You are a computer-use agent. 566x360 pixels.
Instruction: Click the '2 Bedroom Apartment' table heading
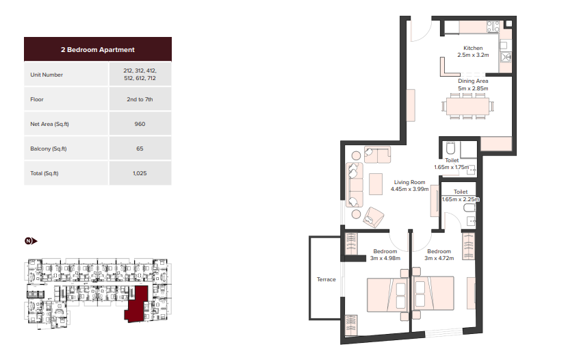(97, 49)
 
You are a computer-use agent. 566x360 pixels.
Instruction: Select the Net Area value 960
(140, 124)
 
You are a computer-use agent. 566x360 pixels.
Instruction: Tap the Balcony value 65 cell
(140, 149)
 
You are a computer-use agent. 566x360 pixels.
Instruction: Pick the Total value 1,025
(140, 173)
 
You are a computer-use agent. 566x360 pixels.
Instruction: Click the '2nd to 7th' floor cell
(140, 99)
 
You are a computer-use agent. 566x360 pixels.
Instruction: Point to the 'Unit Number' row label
(47, 75)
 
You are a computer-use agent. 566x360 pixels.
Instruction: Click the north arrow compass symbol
(31, 241)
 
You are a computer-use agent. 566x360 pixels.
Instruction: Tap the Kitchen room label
(473, 48)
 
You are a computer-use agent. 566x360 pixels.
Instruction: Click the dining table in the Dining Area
(467, 106)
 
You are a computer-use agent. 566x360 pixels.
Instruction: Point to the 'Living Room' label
(409, 182)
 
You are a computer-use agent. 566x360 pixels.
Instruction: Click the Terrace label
(326, 279)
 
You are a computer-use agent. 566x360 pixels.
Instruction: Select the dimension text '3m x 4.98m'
(385, 258)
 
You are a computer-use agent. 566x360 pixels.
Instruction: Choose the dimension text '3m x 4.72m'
(439, 258)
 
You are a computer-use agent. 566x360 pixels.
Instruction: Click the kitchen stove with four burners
(493, 27)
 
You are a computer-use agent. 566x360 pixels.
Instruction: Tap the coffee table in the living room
(376, 184)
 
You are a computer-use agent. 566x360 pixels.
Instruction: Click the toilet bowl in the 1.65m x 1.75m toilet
(450, 148)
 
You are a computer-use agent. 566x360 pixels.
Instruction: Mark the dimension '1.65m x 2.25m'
(461, 199)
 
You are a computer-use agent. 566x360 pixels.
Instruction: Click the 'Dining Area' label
(473, 81)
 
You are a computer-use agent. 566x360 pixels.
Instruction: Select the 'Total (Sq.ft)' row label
(44, 173)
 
